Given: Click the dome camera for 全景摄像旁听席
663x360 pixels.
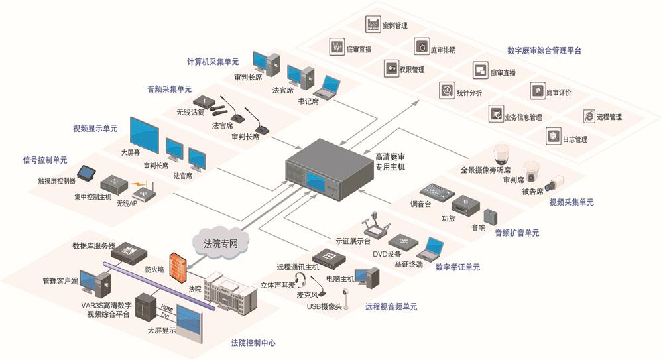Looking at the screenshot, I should [x=501, y=153].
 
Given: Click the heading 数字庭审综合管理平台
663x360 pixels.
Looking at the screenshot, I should [x=544, y=50].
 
